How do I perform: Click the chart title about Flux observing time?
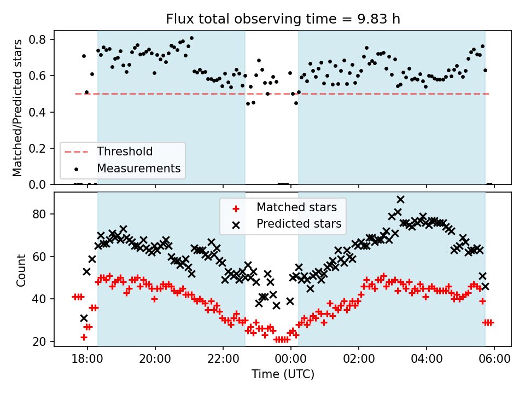[283, 19]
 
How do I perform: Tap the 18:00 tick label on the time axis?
[87, 360]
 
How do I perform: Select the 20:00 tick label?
[155, 360]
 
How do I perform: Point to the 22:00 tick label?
[223, 360]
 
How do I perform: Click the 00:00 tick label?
[291, 360]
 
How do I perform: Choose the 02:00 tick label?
[359, 360]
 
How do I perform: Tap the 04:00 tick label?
[427, 360]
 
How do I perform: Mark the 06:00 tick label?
[494, 360]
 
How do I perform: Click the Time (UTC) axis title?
[283, 375]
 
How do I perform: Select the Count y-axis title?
[21, 270]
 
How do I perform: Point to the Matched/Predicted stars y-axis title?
[18, 108]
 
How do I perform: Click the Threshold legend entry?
[125, 151]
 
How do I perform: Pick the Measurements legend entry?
[139, 168]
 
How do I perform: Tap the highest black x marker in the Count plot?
[400, 200]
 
